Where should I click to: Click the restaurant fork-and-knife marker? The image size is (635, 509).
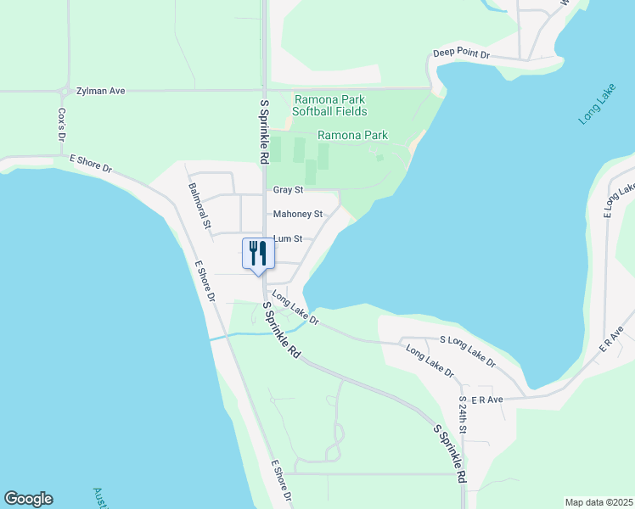(x=257, y=254)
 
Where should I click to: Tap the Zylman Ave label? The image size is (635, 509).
(x=100, y=90)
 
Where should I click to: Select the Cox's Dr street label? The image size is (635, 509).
(x=61, y=124)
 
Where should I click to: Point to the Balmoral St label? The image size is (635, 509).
(x=199, y=207)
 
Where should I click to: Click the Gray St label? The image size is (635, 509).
(x=288, y=190)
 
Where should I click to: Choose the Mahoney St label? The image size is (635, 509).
(x=297, y=215)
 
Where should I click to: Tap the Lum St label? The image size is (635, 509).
(x=287, y=239)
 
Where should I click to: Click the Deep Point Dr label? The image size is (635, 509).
(x=462, y=53)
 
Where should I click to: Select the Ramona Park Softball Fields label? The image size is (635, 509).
(x=329, y=105)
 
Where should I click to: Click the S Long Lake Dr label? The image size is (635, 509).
(x=468, y=350)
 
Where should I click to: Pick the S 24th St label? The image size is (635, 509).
(x=463, y=415)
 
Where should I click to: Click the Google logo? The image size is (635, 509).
(x=28, y=499)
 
